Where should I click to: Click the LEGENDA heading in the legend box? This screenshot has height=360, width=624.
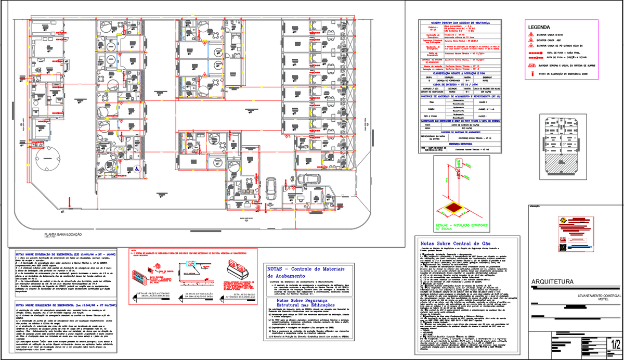(539, 27)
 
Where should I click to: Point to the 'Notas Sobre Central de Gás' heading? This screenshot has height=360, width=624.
(455, 243)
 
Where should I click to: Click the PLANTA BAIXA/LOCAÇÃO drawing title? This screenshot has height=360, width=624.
(63, 235)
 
